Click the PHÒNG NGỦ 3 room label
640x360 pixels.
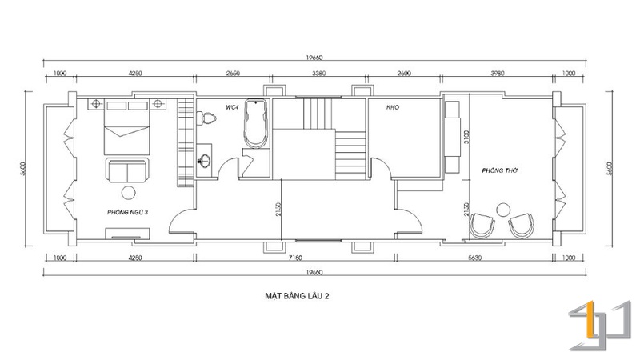pyautogui.click(x=127, y=212)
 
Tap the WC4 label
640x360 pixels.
pyautogui.click(x=232, y=107)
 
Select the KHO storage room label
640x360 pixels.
pyautogui.click(x=393, y=107)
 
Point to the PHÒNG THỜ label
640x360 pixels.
pyautogui.click(x=499, y=170)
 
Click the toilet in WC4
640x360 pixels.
pyautogui.click(x=206, y=118)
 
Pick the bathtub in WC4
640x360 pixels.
pyautogui.click(x=255, y=123)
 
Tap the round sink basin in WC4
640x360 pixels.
pyautogui.click(x=205, y=161)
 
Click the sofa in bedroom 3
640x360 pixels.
pyautogui.click(x=127, y=170)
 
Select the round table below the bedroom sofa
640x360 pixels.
pyautogui.click(x=129, y=192)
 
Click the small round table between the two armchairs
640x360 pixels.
pyautogui.click(x=503, y=210)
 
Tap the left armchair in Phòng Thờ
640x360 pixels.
pyautogui.click(x=482, y=226)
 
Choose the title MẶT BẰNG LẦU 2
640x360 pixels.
pyautogui.click(x=297, y=296)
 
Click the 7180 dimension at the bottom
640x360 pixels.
pyautogui.click(x=295, y=258)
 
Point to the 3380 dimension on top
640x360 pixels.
pyautogui.click(x=318, y=74)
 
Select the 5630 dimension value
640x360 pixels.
pyautogui.click(x=474, y=258)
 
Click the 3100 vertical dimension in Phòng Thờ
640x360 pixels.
pyautogui.click(x=466, y=137)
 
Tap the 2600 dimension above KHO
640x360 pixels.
pyautogui.click(x=404, y=74)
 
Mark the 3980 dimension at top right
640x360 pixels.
pyautogui.click(x=497, y=74)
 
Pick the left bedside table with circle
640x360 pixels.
pyautogui.click(x=96, y=104)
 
